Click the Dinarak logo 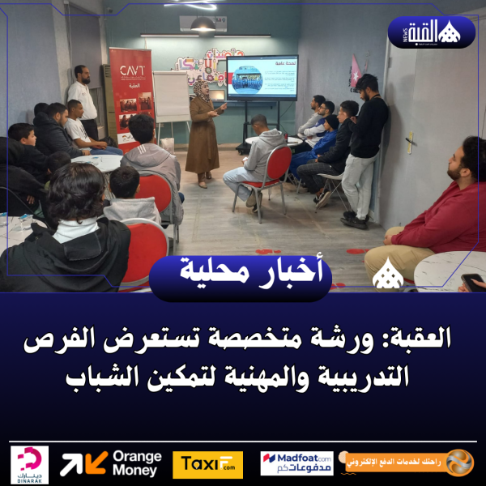(30, 464)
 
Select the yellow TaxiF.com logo (207, 464)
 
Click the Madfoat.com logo (296, 463)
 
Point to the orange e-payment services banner (409, 463)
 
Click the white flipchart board (171, 97)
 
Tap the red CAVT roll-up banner (130, 89)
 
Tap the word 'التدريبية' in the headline (372, 376)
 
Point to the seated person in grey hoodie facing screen (252, 158)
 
